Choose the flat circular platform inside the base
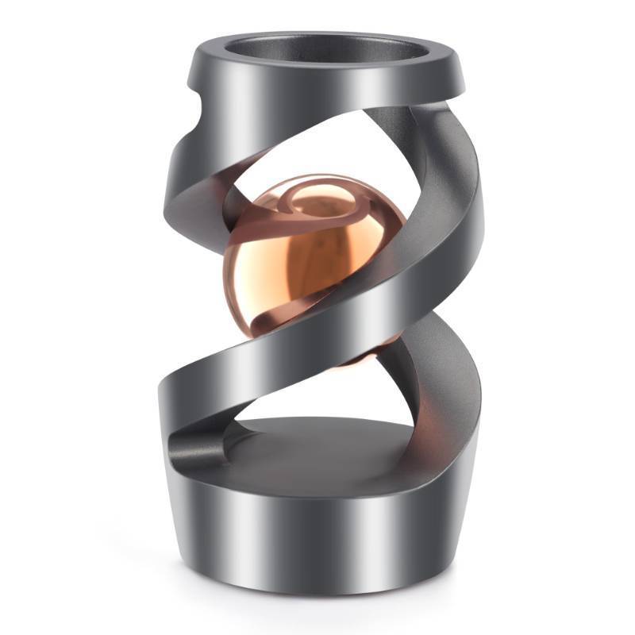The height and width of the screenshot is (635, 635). (x=317, y=448)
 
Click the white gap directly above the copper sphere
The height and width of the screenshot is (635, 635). (x=317, y=155)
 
